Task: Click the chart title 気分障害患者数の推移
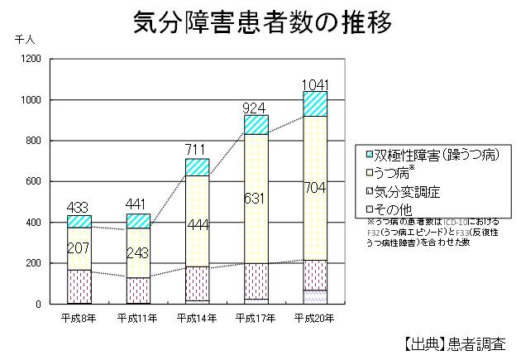(262, 23)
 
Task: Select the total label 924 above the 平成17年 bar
(256, 108)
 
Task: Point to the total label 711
(197, 150)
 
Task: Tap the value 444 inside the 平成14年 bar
(197, 224)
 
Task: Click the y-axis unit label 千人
(23, 38)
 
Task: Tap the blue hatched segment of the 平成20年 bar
(315, 103)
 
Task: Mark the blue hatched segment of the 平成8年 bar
(79, 221)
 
